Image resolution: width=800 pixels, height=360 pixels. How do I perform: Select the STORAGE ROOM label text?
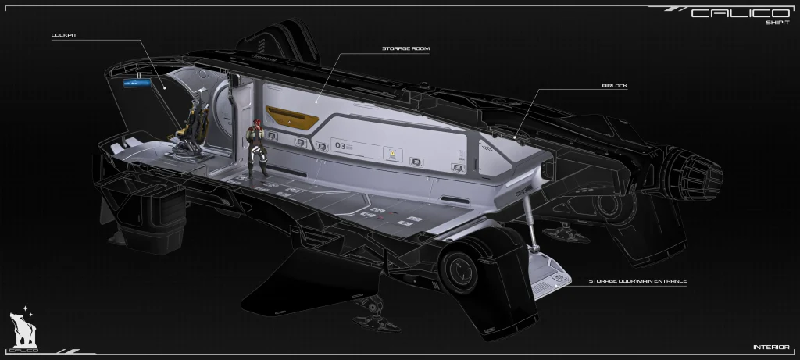point(405,48)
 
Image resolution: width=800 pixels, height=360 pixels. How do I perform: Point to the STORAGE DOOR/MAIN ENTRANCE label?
point(637,280)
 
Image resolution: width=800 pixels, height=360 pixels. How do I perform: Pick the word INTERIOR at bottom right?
point(771,347)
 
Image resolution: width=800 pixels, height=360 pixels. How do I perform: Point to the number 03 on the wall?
point(340,145)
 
